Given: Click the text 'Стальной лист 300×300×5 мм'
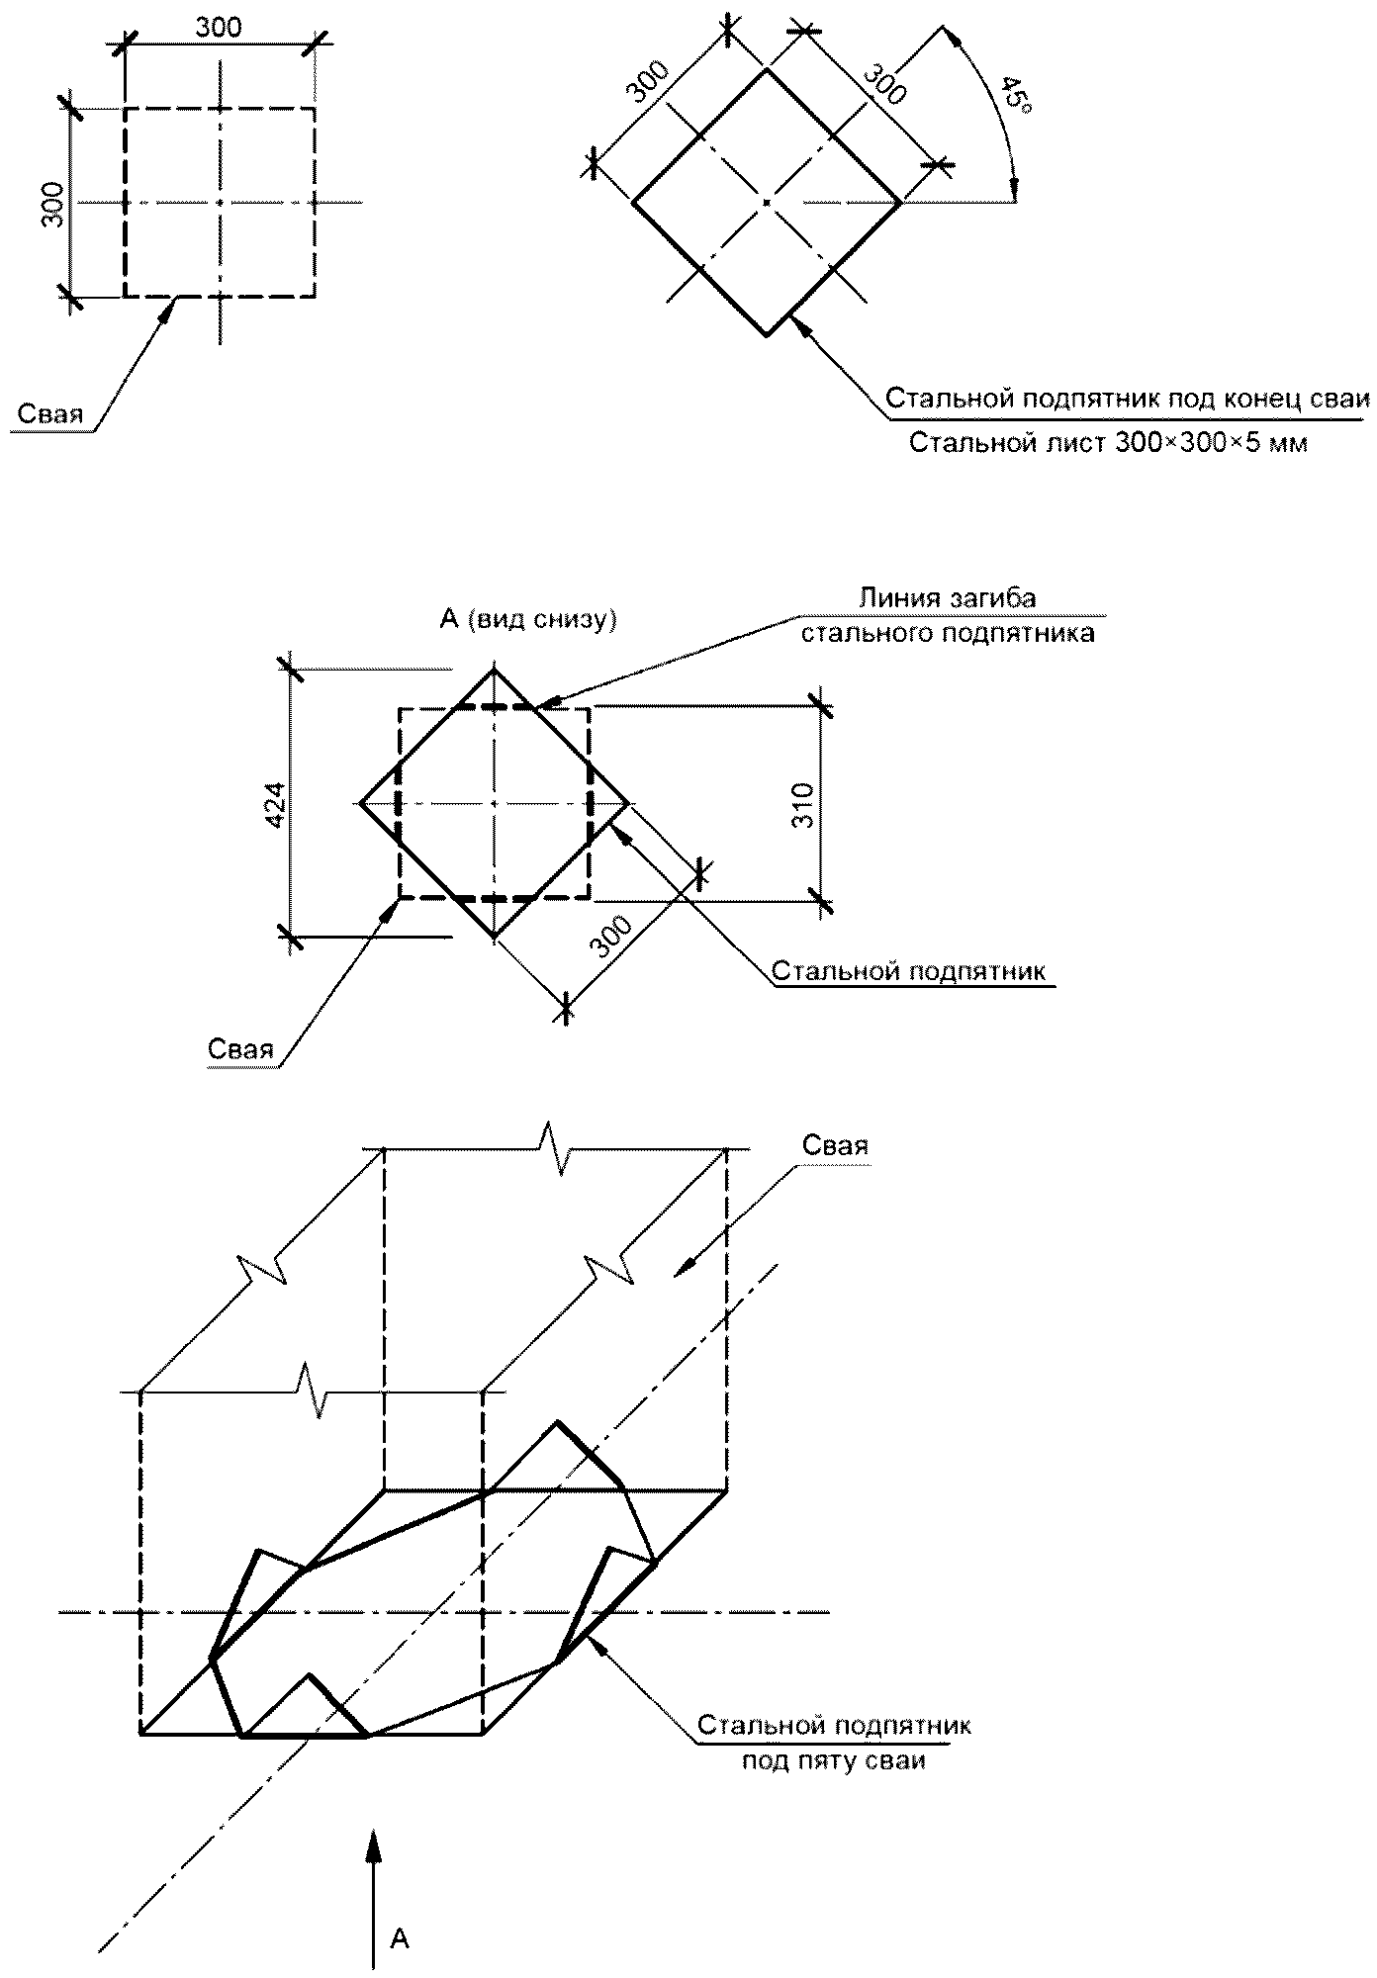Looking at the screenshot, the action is pos(1108,443).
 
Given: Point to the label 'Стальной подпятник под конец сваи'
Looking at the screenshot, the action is pos(1127,399).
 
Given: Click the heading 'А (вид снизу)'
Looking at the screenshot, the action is pos(528,619).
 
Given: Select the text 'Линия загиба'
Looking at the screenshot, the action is pos(947,598).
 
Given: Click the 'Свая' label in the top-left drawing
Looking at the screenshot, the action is pos(49,413).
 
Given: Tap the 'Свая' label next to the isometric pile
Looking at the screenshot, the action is pos(835,1145).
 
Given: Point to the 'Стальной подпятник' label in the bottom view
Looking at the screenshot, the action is pos(908,970).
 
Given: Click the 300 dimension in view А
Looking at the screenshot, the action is pos(610,937).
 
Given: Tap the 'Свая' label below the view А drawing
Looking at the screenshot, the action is pos(240,1049).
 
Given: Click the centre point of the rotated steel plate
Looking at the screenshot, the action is pos(767,203).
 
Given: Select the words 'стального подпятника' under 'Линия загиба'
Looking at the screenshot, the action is pos(948,633).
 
